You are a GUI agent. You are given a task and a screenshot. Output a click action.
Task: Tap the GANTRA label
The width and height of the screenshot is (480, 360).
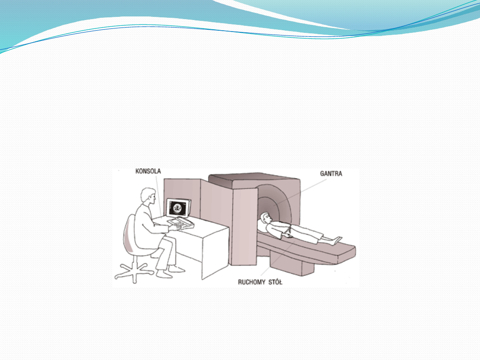point(331,173)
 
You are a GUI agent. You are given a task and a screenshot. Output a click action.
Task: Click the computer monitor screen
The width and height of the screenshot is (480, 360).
point(180,208)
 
